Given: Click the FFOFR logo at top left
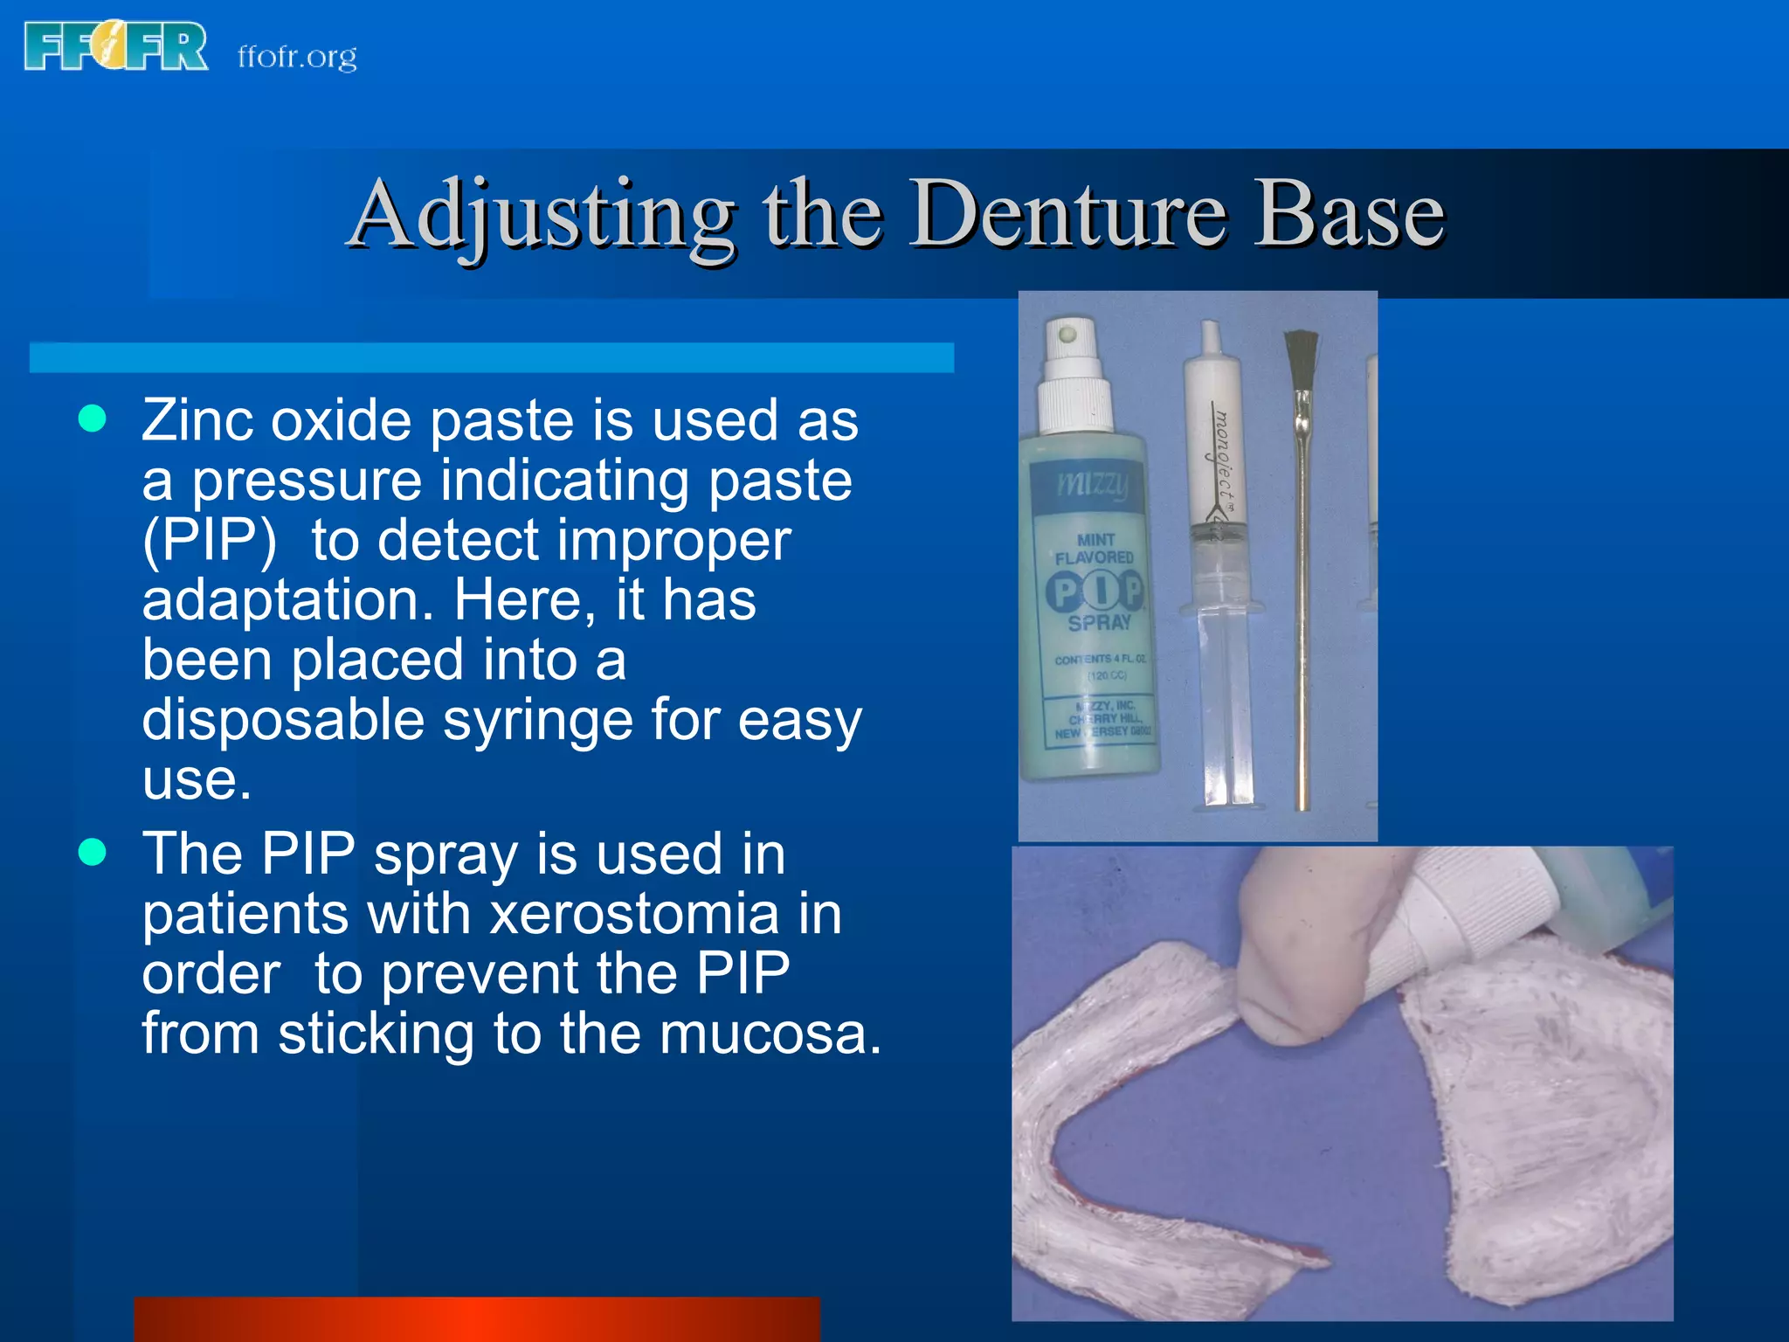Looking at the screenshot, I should pyautogui.click(x=115, y=46).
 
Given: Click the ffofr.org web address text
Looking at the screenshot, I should pyautogui.click(x=297, y=57).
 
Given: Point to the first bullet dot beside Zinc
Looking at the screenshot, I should pyautogui.click(x=92, y=419).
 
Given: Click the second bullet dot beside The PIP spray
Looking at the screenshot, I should pyautogui.click(x=92, y=852).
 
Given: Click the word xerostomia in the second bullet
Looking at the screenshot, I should pyautogui.click(x=634, y=914).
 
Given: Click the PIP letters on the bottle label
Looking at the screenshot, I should pyautogui.click(x=1095, y=591).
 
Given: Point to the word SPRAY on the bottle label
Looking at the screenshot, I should pyautogui.click(x=1099, y=623).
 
